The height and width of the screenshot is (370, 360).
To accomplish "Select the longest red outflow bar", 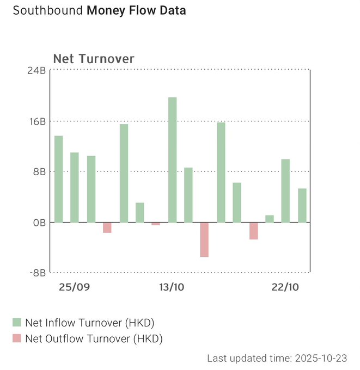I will click(204, 239).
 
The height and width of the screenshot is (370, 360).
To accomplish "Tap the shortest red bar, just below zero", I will click(156, 224).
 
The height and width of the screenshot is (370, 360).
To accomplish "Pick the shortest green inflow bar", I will click(269, 219).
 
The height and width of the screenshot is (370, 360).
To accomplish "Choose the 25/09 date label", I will click(74, 287).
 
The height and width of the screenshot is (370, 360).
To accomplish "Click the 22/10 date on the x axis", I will click(285, 287).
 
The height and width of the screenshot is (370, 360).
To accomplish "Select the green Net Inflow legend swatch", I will click(16, 323).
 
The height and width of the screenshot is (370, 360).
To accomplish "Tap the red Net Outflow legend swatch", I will click(16, 339).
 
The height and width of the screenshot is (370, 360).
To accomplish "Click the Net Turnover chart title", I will click(93, 59).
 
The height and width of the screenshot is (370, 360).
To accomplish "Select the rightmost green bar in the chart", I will click(302, 205).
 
